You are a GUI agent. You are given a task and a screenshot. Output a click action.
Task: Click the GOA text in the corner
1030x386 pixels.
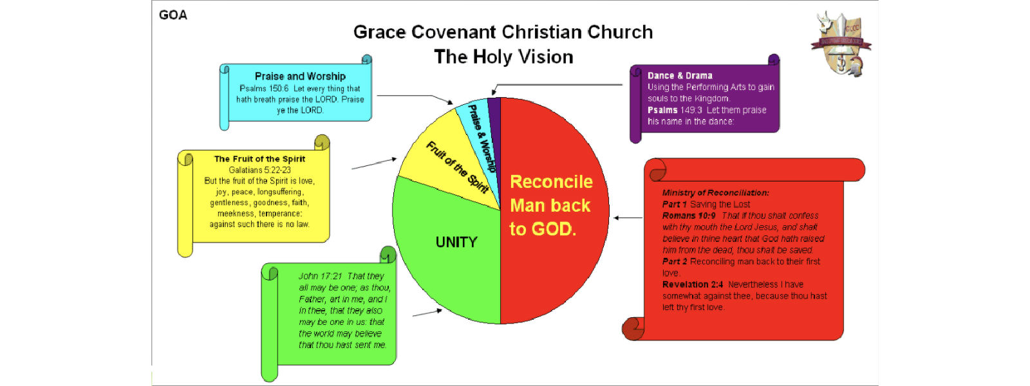173,15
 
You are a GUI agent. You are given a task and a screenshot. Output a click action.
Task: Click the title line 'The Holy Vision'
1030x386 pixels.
503,57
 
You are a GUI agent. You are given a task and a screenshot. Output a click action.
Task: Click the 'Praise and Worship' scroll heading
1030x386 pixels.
300,77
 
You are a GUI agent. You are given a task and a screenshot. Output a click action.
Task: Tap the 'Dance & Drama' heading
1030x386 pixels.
680,76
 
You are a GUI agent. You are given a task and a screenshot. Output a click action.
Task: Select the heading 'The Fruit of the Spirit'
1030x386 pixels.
259,159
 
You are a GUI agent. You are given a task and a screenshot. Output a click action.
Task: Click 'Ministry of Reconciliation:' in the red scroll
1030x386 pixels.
715,193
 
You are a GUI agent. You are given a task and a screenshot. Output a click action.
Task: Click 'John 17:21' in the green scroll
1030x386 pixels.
321,276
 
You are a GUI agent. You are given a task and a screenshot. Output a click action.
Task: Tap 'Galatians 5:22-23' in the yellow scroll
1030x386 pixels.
260,170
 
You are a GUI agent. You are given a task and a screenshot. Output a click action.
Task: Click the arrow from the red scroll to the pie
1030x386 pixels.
628,218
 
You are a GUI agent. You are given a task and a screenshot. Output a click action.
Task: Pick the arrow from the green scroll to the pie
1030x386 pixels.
427,313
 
